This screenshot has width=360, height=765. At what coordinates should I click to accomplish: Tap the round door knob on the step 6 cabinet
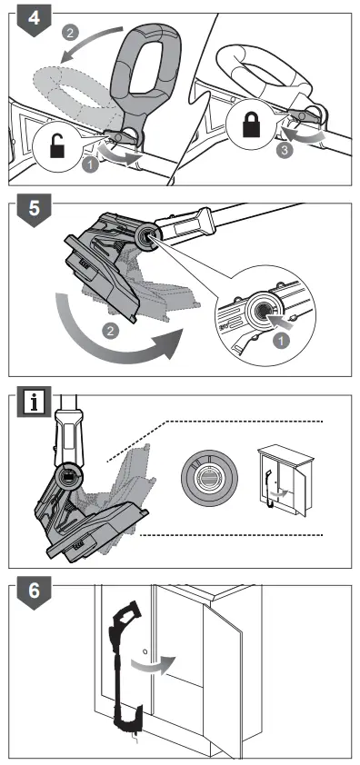(145, 651)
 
